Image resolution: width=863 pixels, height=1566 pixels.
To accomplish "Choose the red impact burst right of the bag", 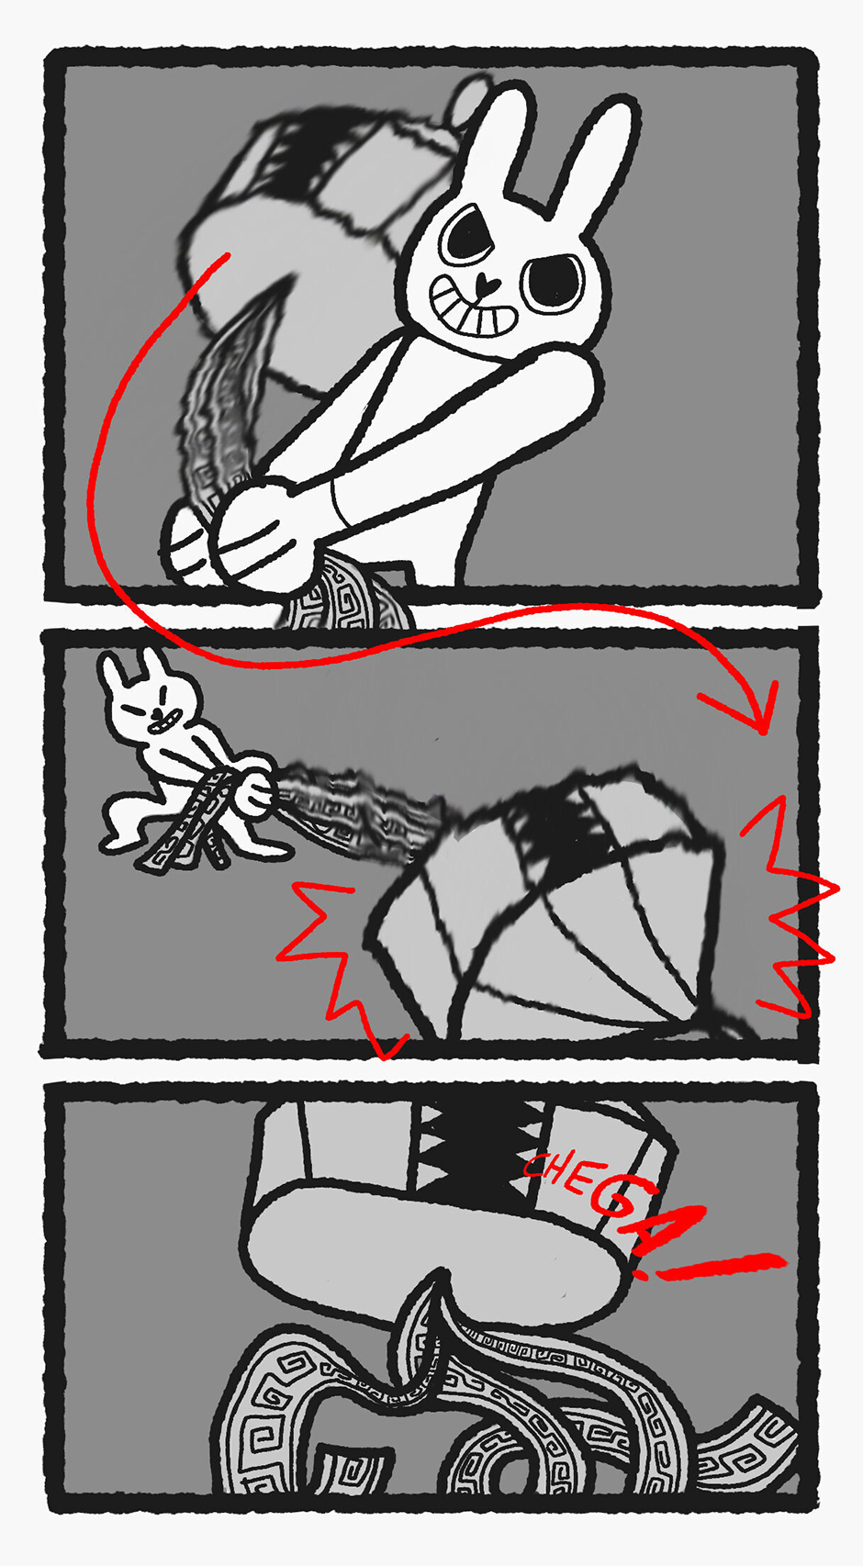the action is (791, 909).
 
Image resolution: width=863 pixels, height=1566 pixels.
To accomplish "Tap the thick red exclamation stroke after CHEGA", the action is (721, 1265).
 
